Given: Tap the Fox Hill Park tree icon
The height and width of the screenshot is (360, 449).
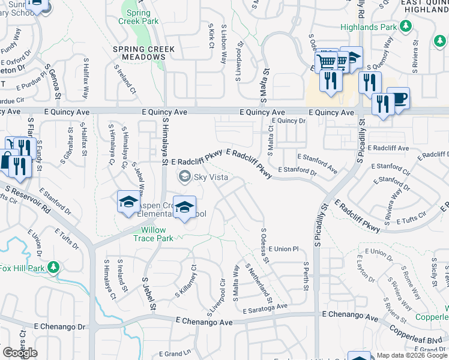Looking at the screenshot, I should point(53,266).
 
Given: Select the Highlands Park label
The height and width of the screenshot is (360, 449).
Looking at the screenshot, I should point(369,27).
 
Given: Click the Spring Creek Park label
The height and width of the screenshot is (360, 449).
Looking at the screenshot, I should point(139,17).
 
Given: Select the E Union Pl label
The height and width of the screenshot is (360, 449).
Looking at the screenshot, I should point(283,248).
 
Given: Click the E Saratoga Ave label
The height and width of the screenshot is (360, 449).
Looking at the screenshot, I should point(266,308).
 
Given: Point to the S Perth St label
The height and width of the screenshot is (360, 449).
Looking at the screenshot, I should point(306,276).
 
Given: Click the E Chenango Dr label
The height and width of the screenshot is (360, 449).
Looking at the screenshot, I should point(60,327).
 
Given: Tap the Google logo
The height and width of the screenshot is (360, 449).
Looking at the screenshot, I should point(20,353).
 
